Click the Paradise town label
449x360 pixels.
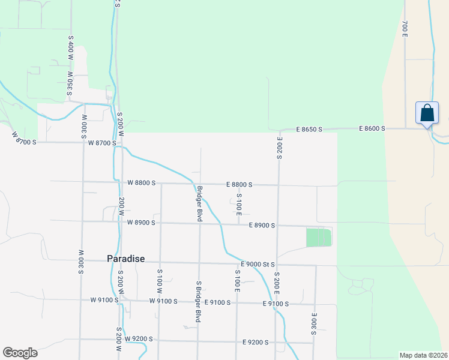pyautogui.click(x=125, y=259)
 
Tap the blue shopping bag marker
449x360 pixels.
pyautogui.click(x=427, y=114)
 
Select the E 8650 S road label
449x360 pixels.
pyautogui.click(x=309, y=130)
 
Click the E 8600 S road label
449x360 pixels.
pyautogui.click(x=372, y=128)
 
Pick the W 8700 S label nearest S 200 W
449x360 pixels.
pyautogui.click(x=101, y=143)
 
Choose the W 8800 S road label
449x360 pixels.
pyautogui.click(x=141, y=182)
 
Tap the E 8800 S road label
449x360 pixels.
pyautogui.click(x=239, y=185)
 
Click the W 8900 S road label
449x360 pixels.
pyautogui.click(x=141, y=223)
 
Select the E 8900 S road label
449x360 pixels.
pyautogui.click(x=262, y=226)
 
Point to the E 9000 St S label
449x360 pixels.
pyautogui.click(x=258, y=264)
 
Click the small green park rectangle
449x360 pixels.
pyautogui.click(x=318, y=237)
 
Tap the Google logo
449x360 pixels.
pyautogui.click(x=20, y=353)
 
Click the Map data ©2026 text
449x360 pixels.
pyautogui.click(x=423, y=355)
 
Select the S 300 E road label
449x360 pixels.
pyautogui.click(x=313, y=323)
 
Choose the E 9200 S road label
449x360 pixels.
pyautogui.click(x=255, y=342)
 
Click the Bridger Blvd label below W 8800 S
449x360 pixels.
pyautogui.click(x=199, y=204)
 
